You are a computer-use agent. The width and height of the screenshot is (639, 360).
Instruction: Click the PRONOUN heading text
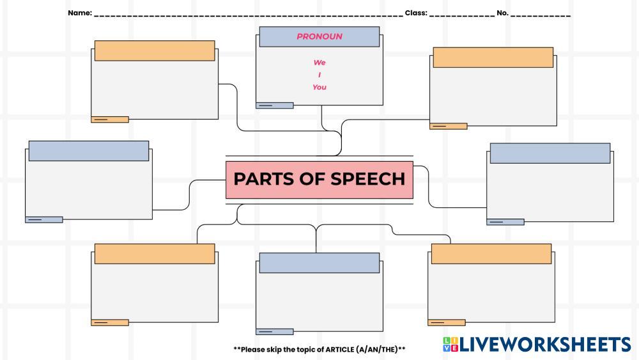click(x=319, y=36)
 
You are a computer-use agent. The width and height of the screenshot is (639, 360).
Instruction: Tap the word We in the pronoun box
click(x=319, y=63)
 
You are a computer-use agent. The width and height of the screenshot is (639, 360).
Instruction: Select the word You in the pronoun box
click(x=319, y=87)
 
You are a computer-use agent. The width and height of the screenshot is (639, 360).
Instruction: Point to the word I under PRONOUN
click(x=319, y=75)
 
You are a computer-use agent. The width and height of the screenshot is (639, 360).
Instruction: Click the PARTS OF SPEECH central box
click(x=319, y=179)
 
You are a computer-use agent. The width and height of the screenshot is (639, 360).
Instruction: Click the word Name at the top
click(x=79, y=13)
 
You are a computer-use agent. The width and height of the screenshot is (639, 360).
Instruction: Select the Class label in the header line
click(x=416, y=13)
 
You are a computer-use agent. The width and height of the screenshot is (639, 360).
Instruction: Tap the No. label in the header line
click(x=502, y=13)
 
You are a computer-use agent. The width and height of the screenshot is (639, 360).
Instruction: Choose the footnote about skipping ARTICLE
click(x=319, y=349)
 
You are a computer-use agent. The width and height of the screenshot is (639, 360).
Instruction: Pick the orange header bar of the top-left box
click(x=155, y=51)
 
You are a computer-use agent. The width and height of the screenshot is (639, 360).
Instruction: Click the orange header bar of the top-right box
click(x=493, y=57)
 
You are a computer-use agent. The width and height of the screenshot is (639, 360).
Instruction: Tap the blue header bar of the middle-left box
click(x=89, y=151)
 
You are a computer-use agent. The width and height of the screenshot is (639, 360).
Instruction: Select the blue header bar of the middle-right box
click(x=550, y=153)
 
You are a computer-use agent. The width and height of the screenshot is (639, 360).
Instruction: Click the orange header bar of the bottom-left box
click(x=155, y=253)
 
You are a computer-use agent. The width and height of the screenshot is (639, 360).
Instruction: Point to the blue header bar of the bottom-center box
click(x=319, y=263)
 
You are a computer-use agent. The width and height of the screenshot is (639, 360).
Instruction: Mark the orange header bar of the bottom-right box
click(x=491, y=253)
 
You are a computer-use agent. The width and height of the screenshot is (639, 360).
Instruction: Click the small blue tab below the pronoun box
click(x=274, y=106)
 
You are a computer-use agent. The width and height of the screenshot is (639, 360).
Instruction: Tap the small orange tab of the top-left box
click(x=110, y=120)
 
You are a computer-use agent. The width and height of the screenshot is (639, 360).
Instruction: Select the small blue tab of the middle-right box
click(x=505, y=222)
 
